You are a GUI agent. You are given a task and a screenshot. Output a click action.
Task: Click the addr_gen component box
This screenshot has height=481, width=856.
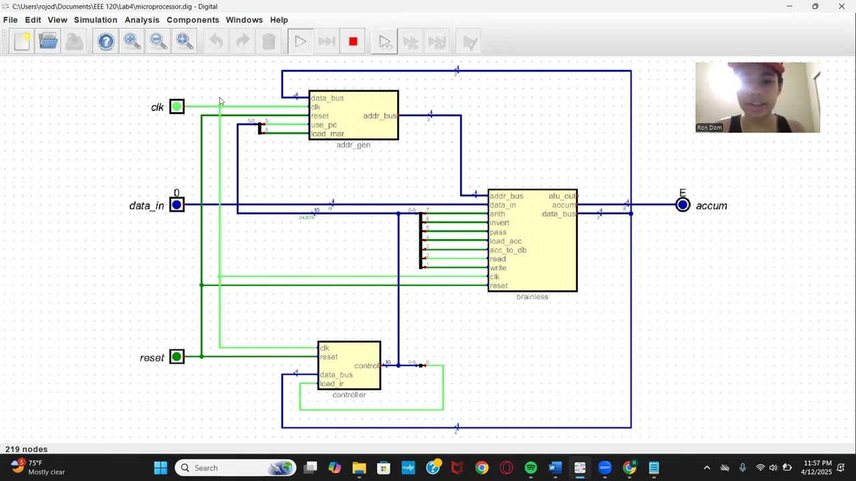coord(353,115)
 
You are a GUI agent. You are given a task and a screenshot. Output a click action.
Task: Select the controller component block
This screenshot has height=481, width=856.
coord(349,365)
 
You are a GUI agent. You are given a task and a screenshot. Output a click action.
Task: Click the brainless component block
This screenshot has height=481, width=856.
coord(532,240)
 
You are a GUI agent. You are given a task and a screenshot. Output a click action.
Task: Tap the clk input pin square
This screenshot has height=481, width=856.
coord(177,107)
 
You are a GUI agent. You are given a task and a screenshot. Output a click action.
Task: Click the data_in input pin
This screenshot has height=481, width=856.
coord(177,205)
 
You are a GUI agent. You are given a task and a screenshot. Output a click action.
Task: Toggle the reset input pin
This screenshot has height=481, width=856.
coord(177,357)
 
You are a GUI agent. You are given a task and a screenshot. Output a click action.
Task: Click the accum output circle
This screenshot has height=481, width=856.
coord(682,205)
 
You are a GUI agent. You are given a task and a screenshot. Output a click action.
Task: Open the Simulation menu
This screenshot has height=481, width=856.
coord(96,20)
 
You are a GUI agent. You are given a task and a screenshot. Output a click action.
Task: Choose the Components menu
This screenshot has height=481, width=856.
coord(193,20)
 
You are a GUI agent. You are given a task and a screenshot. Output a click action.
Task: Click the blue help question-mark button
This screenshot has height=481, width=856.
coord(106,42)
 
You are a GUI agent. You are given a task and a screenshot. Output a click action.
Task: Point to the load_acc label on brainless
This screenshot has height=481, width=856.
coord(506,241)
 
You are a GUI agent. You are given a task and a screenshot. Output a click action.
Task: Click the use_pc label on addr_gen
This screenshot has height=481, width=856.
coord(324,125)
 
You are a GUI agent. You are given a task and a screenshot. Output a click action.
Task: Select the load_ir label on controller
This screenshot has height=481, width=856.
coord(332,383)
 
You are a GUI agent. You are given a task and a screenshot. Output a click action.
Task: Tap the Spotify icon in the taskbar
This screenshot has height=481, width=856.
coord(530,468)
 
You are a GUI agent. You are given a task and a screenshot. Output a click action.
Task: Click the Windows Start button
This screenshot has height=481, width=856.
coord(160,468)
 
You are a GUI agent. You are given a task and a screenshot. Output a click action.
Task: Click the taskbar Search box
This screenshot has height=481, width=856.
coord(234,468)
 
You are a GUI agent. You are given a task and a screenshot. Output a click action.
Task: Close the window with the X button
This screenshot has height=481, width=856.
coord(841,7)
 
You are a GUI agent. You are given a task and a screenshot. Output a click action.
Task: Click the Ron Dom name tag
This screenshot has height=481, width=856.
coord(710,128)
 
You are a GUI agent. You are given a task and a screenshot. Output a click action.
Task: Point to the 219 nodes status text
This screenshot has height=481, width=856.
coord(27,450)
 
